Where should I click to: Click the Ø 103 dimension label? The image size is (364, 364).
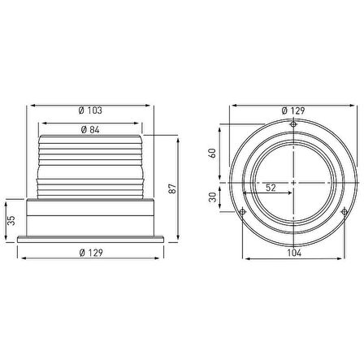93,110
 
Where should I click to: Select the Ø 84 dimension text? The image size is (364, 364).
91,130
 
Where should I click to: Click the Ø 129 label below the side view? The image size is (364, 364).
93,253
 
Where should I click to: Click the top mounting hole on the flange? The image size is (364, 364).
292,123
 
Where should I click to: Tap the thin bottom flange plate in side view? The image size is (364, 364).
93,237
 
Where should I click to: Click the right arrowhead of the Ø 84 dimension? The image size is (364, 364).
141,136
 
